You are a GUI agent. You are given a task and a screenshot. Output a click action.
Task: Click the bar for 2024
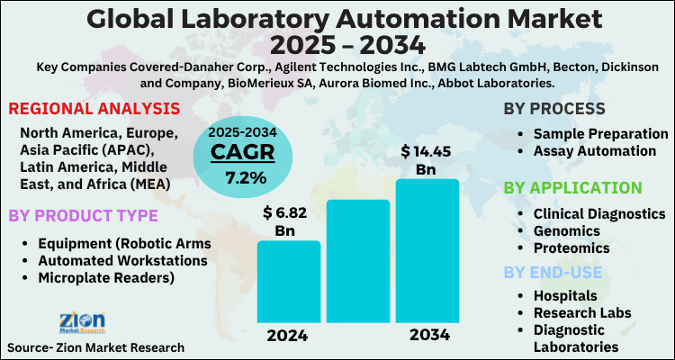point(288,282)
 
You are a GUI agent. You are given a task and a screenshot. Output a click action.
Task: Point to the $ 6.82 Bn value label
point(288,220)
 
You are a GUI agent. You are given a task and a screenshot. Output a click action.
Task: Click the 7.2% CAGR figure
point(246,177)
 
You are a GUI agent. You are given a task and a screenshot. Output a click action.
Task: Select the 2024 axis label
point(288,337)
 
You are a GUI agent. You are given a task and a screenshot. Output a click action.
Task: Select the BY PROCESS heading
point(554,110)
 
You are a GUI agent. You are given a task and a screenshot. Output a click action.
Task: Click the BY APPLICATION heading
point(572,187)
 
